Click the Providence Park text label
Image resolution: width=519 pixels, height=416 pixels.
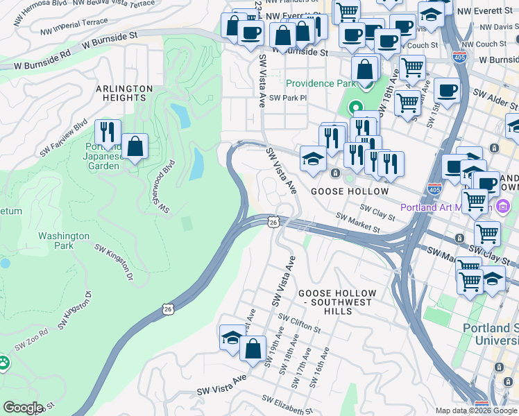(x=320, y=84)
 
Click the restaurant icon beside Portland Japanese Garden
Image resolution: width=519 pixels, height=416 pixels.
(x=108, y=132)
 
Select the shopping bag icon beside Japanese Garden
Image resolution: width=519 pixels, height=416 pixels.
(x=135, y=146)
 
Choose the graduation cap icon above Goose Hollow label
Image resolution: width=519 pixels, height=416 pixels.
(x=313, y=158)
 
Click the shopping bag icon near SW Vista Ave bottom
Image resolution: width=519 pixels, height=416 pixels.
(x=253, y=348)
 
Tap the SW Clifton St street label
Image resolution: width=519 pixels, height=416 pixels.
(x=300, y=322)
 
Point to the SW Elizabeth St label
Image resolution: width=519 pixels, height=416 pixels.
(x=287, y=406)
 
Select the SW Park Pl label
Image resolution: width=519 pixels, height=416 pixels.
(x=288, y=98)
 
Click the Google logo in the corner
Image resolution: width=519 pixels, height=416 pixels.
(x=22, y=408)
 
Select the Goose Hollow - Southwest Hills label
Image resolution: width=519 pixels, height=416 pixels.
(x=337, y=298)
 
